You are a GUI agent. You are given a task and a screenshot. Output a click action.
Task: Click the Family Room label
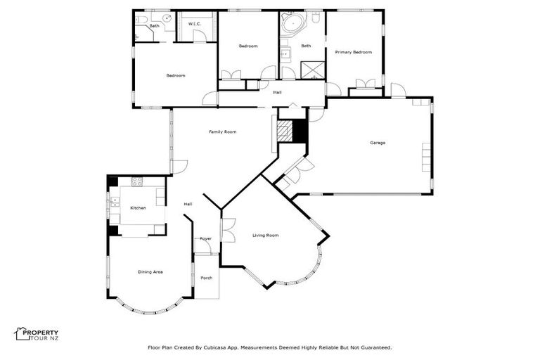pos(221,131)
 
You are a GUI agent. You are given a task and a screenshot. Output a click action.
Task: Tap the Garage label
pos(378,143)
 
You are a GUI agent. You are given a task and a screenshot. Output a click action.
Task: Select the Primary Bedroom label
pos(353,52)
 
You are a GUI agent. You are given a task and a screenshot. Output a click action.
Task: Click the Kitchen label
pos(138,207)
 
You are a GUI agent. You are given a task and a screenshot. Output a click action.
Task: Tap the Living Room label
pos(266,235)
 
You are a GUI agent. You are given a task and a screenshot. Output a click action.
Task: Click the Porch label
pos(206,278)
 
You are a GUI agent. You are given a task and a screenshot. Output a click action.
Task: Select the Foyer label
pos(205,238)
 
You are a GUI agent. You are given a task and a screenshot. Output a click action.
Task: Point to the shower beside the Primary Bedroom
pos(309,69)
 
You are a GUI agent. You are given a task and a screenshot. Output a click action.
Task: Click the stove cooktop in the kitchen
pos(136,183)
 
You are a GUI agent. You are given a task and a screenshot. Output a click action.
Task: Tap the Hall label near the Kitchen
pos(188,204)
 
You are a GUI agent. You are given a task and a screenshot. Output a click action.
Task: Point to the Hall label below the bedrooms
pos(277,91)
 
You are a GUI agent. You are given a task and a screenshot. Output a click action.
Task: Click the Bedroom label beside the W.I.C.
pos(175,75)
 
